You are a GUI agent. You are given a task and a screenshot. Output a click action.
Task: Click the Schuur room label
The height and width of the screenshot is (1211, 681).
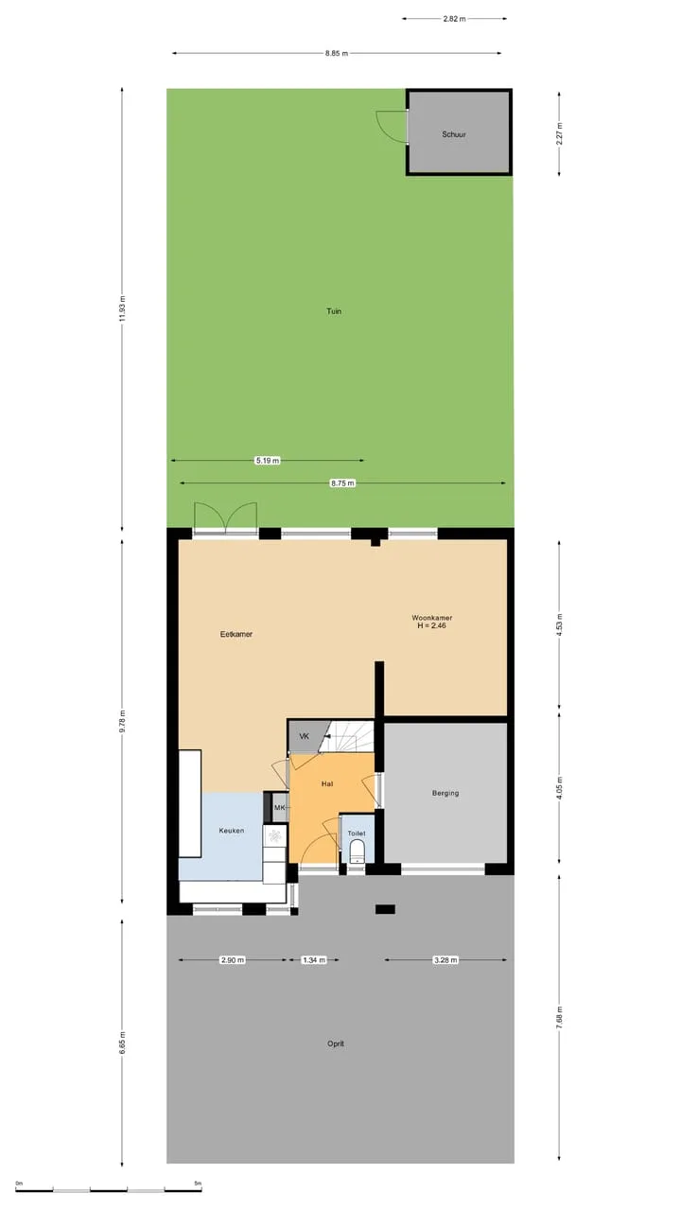(x=453, y=134)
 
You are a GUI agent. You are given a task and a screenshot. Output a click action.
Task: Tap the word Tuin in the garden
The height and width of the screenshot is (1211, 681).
(x=334, y=311)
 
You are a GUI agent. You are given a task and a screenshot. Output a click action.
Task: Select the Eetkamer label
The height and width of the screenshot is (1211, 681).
(x=236, y=634)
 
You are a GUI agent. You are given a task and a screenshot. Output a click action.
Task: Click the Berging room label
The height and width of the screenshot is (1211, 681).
(x=445, y=793)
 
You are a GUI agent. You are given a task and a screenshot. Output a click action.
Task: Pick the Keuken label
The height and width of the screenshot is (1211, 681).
(x=232, y=831)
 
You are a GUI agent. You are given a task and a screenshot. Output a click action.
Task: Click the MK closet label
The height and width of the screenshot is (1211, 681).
(x=279, y=808)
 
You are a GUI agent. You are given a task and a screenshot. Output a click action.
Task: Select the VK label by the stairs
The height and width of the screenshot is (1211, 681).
(x=305, y=736)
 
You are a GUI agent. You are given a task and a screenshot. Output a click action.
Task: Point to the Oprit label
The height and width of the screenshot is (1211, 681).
(x=336, y=1044)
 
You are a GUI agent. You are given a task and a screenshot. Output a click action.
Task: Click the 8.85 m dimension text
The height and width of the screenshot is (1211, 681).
(x=336, y=54)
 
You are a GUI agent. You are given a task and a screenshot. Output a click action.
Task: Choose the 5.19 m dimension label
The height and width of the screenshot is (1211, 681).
(x=268, y=461)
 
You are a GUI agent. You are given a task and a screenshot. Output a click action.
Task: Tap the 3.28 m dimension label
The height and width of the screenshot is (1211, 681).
(x=445, y=960)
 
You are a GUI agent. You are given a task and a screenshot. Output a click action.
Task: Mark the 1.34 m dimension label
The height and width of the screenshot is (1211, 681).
(x=314, y=960)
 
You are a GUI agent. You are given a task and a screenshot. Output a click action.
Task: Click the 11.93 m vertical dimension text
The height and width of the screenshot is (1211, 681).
(x=122, y=308)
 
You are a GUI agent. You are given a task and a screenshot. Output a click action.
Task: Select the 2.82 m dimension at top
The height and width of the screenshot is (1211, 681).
(x=454, y=18)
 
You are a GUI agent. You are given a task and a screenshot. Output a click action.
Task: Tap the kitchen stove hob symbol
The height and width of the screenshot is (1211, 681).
(x=275, y=835)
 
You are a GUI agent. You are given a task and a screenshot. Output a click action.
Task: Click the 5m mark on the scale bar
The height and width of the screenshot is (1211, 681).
(x=198, y=1183)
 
